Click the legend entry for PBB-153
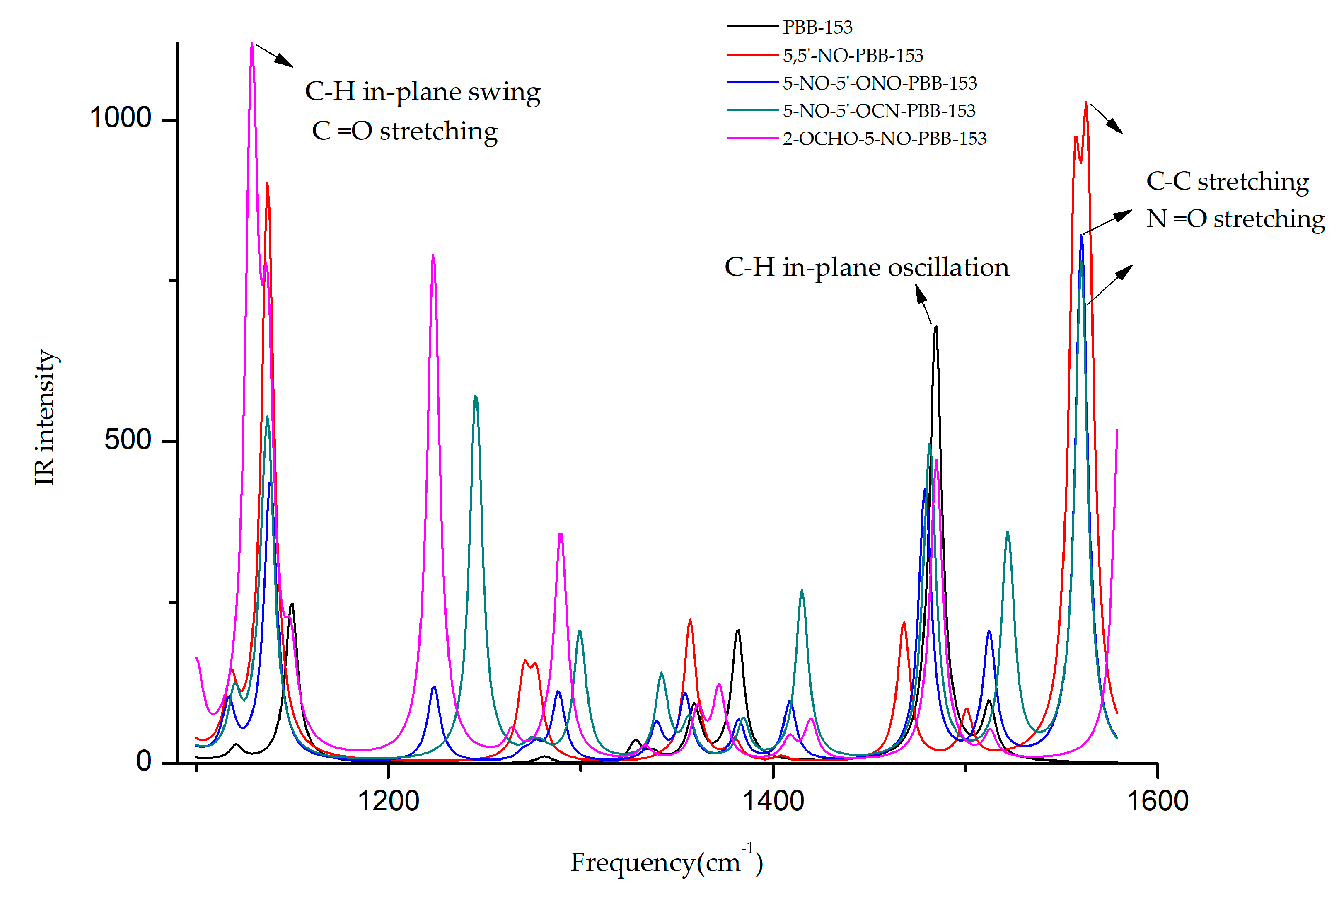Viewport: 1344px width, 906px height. point(816,27)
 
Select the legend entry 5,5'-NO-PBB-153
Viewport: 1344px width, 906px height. point(852,55)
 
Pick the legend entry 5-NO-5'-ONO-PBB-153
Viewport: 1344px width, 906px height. point(879,83)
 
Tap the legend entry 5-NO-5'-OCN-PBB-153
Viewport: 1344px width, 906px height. point(878,111)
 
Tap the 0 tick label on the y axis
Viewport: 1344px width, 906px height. point(144,762)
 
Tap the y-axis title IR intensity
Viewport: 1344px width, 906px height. point(44,417)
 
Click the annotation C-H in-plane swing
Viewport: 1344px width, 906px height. point(422,93)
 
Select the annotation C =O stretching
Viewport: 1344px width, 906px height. point(404,132)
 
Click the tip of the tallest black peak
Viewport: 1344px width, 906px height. point(935,327)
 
